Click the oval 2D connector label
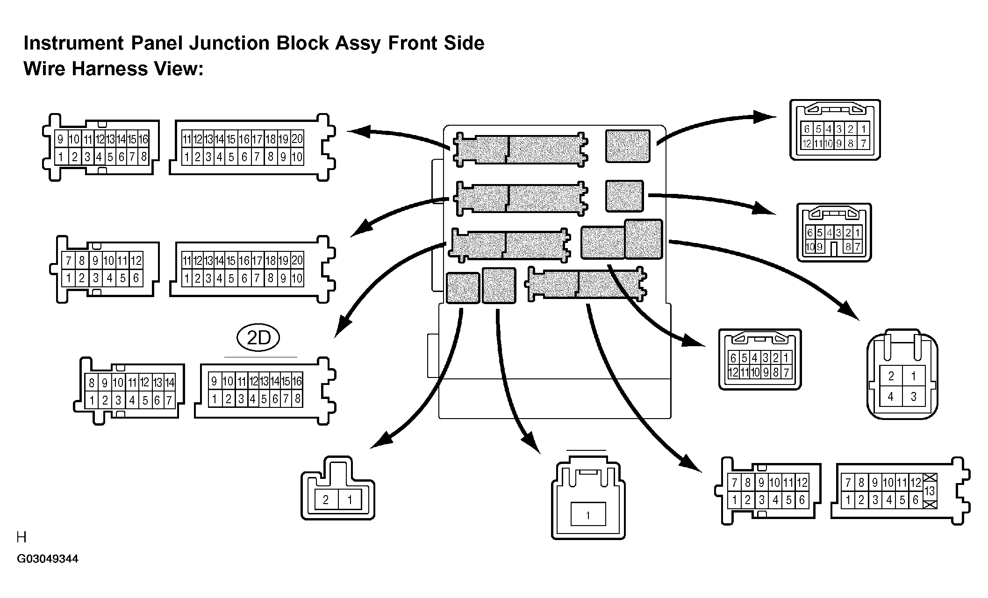click(x=258, y=337)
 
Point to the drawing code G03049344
click(x=48, y=559)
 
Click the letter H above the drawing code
click(x=21, y=537)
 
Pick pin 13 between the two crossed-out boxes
click(x=930, y=491)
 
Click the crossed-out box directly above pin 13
click(x=930, y=478)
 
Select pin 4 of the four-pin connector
click(x=891, y=397)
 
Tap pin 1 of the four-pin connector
click(x=913, y=376)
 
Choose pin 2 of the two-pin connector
click(x=326, y=500)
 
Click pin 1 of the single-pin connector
click(x=588, y=515)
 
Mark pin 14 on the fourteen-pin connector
click(x=170, y=383)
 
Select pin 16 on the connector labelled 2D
click(x=297, y=381)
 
